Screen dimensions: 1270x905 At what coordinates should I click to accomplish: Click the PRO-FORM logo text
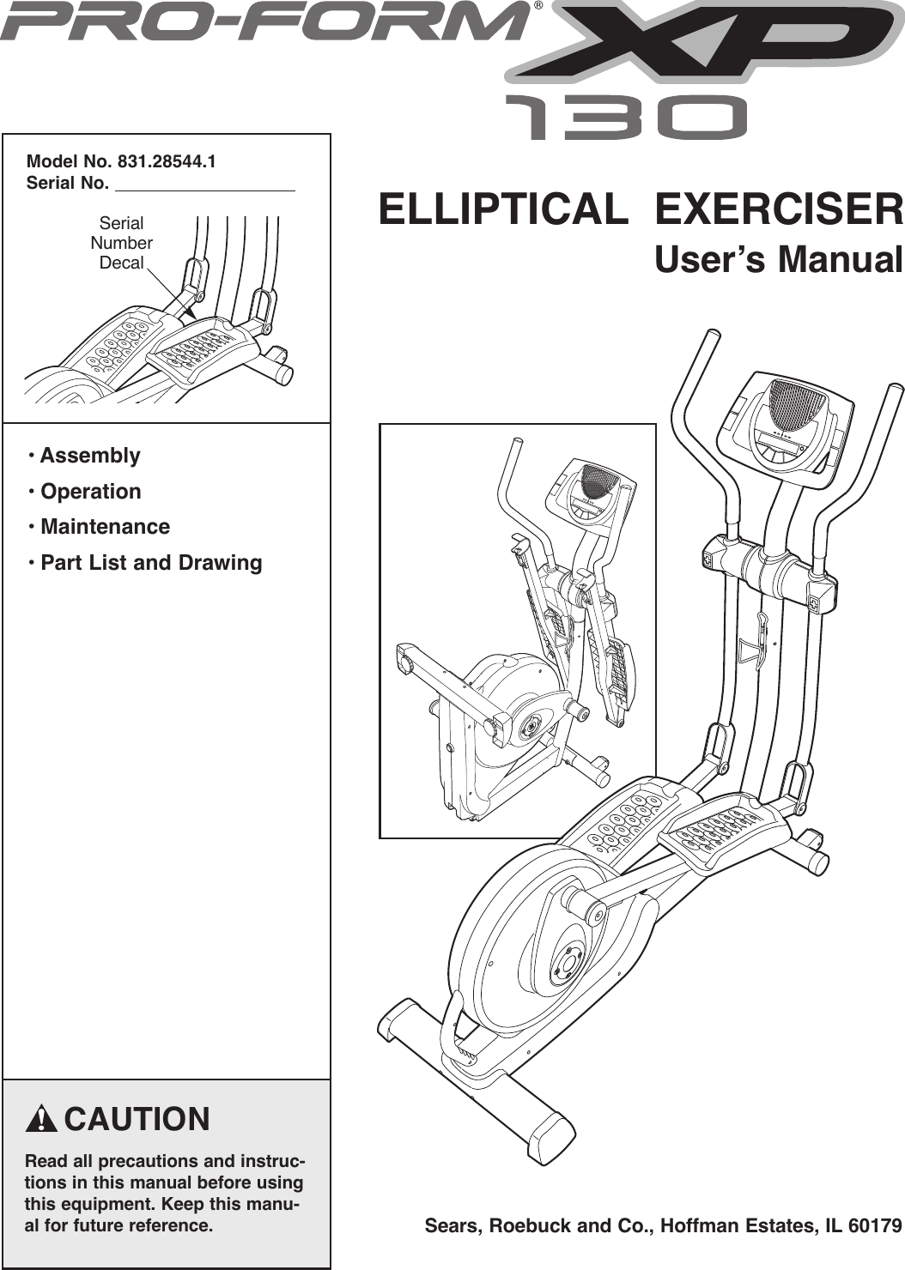(262, 22)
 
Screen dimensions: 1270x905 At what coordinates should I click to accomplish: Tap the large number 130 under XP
(625, 118)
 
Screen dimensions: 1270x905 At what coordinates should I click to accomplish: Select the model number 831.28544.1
(167, 161)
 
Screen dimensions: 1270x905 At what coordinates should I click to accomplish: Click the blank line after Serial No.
(204, 184)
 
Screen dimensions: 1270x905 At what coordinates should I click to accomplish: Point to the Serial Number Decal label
(121, 243)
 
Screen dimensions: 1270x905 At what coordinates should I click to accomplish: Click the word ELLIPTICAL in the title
(502, 209)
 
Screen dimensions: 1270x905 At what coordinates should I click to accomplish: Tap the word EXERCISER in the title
(779, 209)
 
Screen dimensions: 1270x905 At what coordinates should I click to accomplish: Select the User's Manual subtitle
(778, 259)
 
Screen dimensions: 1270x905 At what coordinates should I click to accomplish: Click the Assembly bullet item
(89, 456)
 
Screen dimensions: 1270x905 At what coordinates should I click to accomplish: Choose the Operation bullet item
(90, 492)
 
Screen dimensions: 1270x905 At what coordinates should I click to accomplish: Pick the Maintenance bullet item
(105, 527)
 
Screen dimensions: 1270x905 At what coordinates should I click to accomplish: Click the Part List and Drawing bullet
(151, 563)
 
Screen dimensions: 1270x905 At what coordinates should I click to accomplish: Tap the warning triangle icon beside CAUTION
(40, 1121)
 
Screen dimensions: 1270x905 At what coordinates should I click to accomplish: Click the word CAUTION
(137, 1120)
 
